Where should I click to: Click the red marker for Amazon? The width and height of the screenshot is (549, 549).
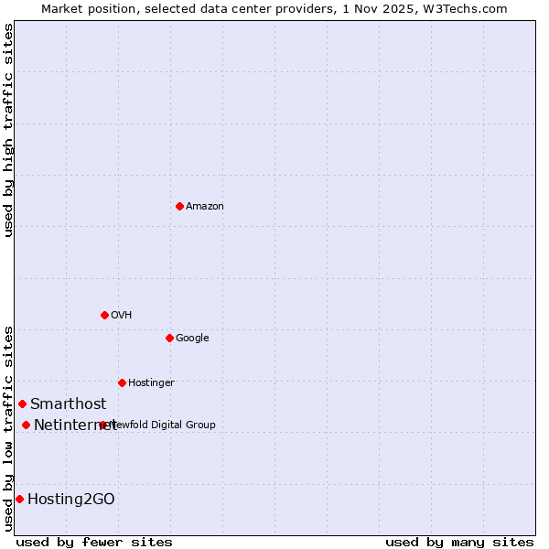pyautogui.click(x=179, y=206)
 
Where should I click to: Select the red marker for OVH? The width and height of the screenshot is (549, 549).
pyautogui.click(x=104, y=315)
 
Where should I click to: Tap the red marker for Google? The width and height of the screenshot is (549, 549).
pyautogui.click(x=169, y=338)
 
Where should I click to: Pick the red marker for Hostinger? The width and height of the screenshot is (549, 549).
pyautogui.click(x=122, y=382)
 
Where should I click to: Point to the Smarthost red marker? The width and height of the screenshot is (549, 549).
pyautogui.click(x=22, y=404)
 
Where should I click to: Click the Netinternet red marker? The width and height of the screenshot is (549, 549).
pyautogui.click(x=26, y=425)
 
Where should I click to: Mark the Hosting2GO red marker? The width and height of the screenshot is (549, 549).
pyautogui.click(x=19, y=499)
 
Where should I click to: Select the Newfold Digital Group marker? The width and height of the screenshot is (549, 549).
pyautogui.click(x=102, y=425)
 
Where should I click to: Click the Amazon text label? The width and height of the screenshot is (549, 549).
pyautogui.click(x=205, y=207)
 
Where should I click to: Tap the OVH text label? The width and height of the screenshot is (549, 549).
pyautogui.click(x=122, y=316)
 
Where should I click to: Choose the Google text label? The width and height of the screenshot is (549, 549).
pyautogui.click(x=192, y=339)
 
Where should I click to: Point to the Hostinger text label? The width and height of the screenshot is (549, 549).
pyautogui.click(x=151, y=383)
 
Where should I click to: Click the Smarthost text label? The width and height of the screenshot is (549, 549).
pyautogui.click(x=68, y=404)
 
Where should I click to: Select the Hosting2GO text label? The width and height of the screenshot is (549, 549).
pyautogui.click(x=71, y=500)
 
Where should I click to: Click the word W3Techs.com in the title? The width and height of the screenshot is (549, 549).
pyautogui.click(x=468, y=9)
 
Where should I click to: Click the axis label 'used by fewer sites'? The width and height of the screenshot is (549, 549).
pyautogui.click(x=95, y=542)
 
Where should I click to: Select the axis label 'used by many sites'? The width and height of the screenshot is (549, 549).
pyautogui.click(x=459, y=542)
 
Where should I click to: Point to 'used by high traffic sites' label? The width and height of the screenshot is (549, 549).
pyautogui.click(x=8, y=130)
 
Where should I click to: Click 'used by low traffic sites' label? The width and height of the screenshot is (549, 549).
pyautogui.click(x=8, y=428)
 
